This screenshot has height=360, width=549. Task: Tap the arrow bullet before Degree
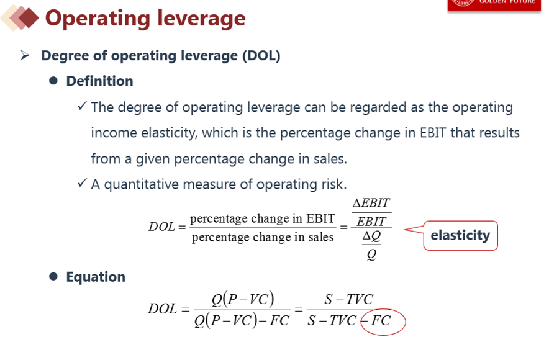pos(25,55)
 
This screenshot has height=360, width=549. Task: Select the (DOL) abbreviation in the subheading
pos(261,56)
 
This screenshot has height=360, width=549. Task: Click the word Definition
pos(100,81)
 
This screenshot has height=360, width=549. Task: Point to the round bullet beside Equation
pos(53,277)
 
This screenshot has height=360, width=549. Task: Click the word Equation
pos(96,277)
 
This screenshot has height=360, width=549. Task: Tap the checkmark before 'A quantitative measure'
pos(82,182)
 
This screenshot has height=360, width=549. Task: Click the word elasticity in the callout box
pos(460,235)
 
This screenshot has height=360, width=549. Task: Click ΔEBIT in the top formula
pos(371,203)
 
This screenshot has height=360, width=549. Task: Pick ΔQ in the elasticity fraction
pos(371,236)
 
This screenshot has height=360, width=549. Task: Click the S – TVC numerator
pos(349,299)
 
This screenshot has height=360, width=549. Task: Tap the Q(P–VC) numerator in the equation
pos(243,299)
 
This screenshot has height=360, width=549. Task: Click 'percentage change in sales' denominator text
pos(263,237)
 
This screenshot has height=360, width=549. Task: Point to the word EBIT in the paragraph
pos(433,133)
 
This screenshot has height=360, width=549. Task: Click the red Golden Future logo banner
pos(494,5)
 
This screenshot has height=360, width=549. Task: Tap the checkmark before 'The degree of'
pos(82,106)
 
